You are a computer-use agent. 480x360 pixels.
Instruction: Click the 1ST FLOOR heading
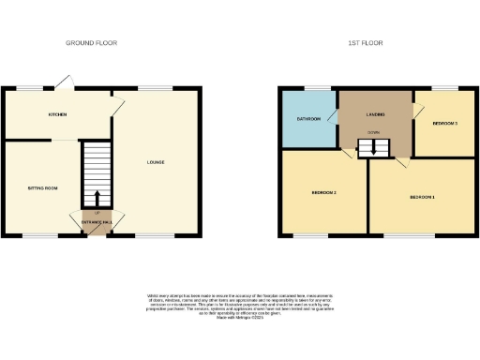coord(365,43)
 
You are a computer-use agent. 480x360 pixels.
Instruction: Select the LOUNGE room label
coord(156,163)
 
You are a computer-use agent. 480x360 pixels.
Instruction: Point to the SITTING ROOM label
coord(42,188)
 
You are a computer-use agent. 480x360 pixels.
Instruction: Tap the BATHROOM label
coord(309,119)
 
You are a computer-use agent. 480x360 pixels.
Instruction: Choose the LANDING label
coord(377,114)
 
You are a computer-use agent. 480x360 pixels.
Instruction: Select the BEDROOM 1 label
coord(423,197)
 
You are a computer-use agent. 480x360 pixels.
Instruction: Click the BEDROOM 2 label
coord(323,192)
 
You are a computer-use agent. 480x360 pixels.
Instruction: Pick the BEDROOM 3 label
coord(444,124)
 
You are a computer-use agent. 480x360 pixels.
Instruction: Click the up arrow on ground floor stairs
coord(96,198)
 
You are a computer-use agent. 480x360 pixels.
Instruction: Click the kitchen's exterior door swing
coord(62,82)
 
